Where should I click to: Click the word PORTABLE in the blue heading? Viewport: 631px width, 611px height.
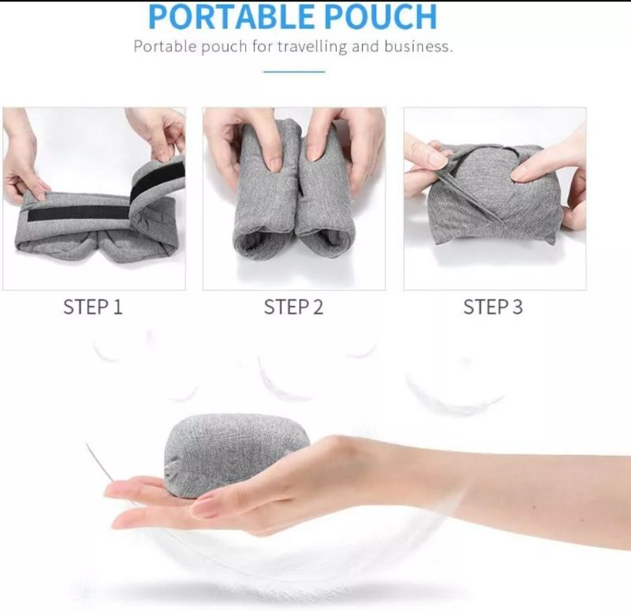(x=231, y=17)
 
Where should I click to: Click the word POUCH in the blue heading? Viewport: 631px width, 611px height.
(x=380, y=17)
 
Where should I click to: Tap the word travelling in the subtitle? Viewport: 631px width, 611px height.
(x=312, y=47)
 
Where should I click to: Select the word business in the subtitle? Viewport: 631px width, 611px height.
(x=418, y=47)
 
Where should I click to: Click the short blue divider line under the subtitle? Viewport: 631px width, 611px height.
(x=294, y=72)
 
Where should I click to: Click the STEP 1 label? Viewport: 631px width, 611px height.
(x=92, y=307)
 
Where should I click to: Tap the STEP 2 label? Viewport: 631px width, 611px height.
(x=293, y=307)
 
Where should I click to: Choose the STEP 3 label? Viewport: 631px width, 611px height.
(x=493, y=307)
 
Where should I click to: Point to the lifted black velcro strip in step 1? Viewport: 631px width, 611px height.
(x=156, y=181)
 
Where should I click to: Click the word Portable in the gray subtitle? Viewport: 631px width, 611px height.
(x=165, y=47)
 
